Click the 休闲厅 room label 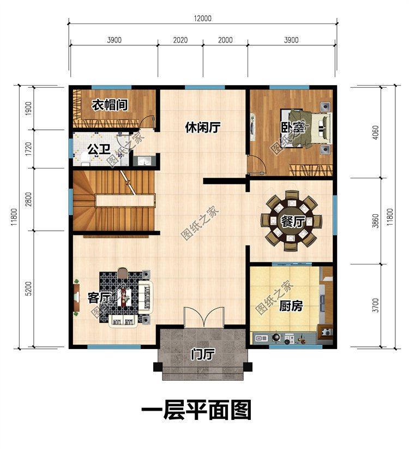point(202,128)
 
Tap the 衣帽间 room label point(109,105)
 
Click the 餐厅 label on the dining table point(292,221)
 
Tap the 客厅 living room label point(99,297)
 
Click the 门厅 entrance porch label point(202,354)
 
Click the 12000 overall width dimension point(202,18)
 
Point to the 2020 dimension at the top point(180,40)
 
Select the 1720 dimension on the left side point(28,149)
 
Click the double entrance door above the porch point(203,316)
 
